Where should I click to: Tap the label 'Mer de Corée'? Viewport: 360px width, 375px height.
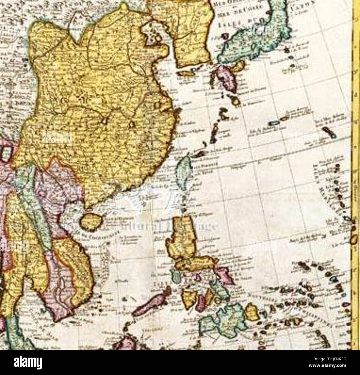[x=234, y=15]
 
